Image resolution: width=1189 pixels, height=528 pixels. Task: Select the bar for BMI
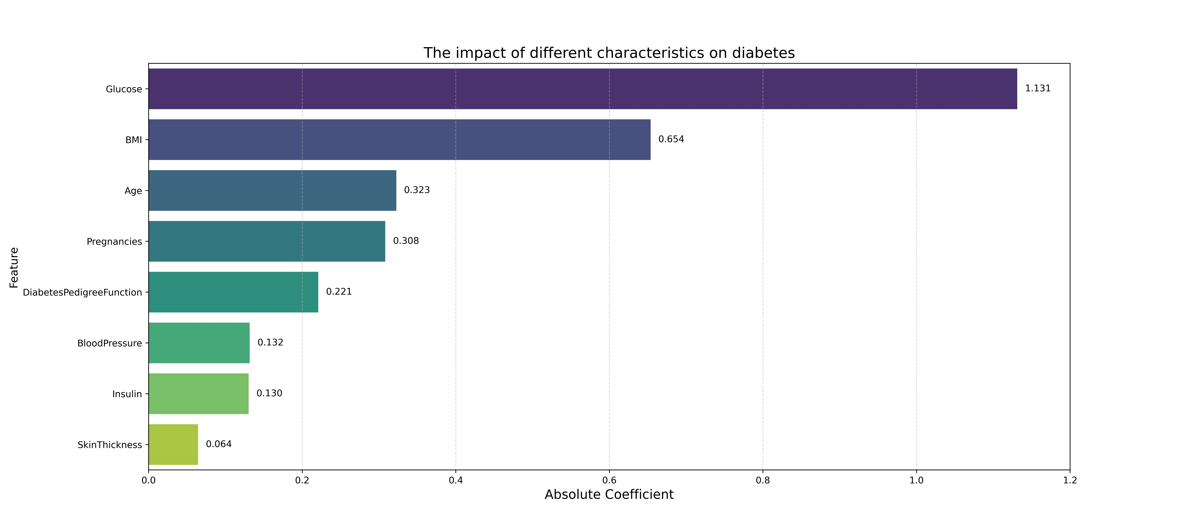pos(400,140)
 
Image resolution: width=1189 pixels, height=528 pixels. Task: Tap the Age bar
pos(272,190)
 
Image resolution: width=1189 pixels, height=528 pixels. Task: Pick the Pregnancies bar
pos(267,241)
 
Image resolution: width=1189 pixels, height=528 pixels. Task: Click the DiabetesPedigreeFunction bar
pos(234,292)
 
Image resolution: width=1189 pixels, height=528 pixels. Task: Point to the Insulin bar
pos(198,393)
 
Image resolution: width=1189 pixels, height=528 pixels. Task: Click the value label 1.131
pos(1038,89)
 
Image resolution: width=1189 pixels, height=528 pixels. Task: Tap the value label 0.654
pos(671,139)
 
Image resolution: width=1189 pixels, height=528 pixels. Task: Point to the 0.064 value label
pos(219,444)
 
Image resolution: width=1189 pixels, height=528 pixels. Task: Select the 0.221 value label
pos(339,291)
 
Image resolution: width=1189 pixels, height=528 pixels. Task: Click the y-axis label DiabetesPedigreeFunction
pos(82,292)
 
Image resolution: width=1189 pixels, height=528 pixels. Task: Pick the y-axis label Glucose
pos(124,89)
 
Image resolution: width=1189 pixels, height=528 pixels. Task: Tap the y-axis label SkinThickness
pos(110,445)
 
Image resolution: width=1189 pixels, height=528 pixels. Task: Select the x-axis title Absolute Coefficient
pos(609,495)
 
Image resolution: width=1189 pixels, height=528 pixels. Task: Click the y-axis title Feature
pos(14,267)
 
